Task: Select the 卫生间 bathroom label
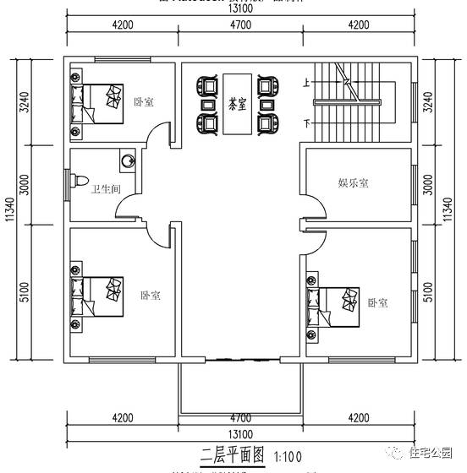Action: [103, 188]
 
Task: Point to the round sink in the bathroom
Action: [128, 159]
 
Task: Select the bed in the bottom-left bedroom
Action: [99, 291]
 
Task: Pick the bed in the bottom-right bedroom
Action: [334, 299]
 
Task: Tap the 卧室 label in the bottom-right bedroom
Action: [377, 302]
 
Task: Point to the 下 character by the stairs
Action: [306, 125]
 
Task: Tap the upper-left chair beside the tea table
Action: [205, 85]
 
